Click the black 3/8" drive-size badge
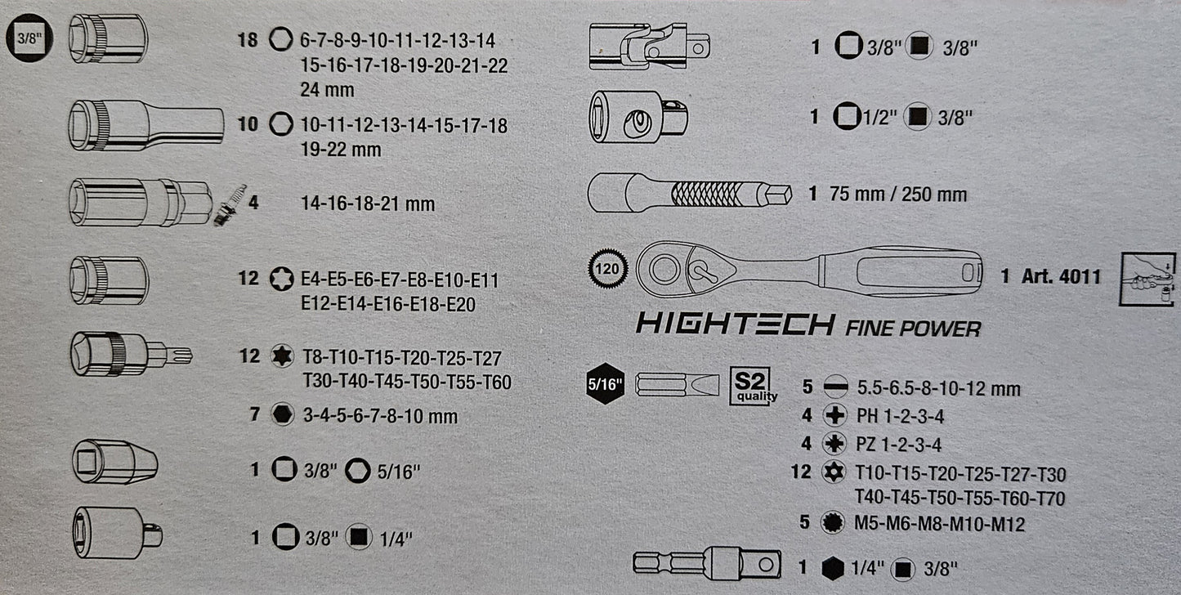click(x=29, y=38)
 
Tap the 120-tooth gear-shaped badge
click(x=607, y=269)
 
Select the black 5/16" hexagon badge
click(x=606, y=383)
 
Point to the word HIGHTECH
click(x=736, y=324)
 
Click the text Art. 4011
click(x=1061, y=276)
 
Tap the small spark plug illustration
click(x=230, y=205)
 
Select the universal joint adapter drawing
click(x=650, y=47)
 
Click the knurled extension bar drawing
click(x=690, y=194)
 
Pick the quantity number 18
click(x=248, y=40)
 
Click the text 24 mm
click(x=327, y=90)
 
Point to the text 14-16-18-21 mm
click(x=368, y=204)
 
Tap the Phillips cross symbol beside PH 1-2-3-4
click(x=834, y=415)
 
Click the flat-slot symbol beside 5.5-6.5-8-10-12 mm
click(x=835, y=387)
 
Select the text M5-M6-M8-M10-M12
click(x=940, y=524)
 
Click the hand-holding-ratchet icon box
click(x=1147, y=279)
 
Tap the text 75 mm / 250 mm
click(x=898, y=195)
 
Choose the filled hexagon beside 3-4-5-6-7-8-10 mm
click(x=283, y=414)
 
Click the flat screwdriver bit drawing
click(x=677, y=385)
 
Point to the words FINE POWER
click(x=913, y=329)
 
